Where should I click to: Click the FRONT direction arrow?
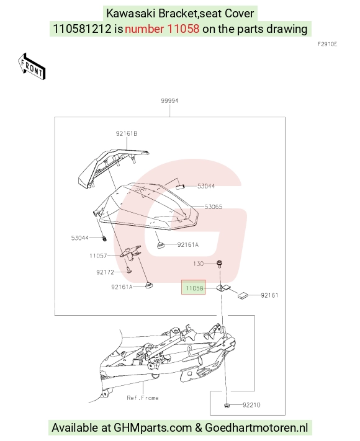pyautogui.click(x=32, y=66)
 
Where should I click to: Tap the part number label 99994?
pyautogui.click(x=169, y=100)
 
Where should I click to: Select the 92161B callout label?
pyautogui.click(x=127, y=133)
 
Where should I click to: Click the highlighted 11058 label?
pyautogui.click(x=194, y=287)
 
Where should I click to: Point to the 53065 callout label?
pyautogui.click(x=214, y=207)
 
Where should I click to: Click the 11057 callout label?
pyautogui.click(x=98, y=256)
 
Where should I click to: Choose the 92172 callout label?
pyautogui.click(x=106, y=272)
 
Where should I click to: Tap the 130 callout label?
pyautogui.click(x=199, y=264)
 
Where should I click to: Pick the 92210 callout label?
pyautogui.click(x=251, y=405)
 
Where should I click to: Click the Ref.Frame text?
pyautogui.click(x=143, y=398)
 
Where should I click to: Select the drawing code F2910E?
pyautogui.click(x=327, y=44)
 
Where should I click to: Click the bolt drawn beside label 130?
pyautogui.click(x=220, y=264)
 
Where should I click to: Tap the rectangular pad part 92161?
pyautogui.click(x=243, y=296)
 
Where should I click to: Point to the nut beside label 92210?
pyautogui.click(x=227, y=405)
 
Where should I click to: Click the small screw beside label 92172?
pyautogui.click(x=129, y=270)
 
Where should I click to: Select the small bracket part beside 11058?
pyautogui.click(x=223, y=288)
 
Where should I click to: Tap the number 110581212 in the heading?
pyautogui.click(x=82, y=29)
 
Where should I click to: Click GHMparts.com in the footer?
pyautogui.click(x=153, y=427)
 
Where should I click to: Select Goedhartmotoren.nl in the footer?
pyautogui.click(x=256, y=427)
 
